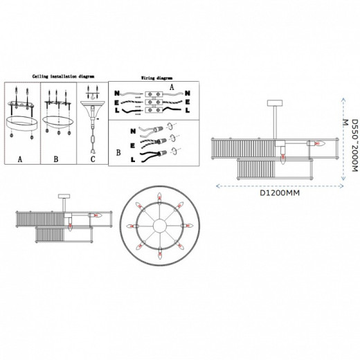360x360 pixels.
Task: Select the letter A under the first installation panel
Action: click(x=20, y=159)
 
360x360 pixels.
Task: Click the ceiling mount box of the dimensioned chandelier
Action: click(x=275, y=102)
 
